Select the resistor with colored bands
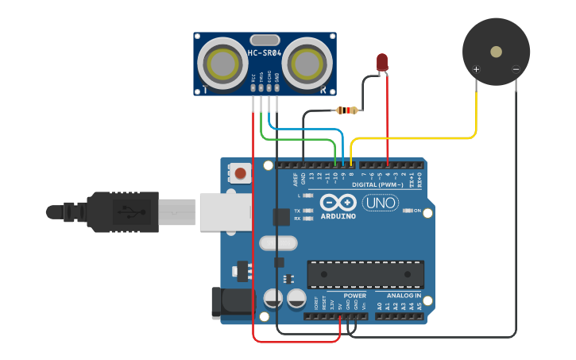point(348,110)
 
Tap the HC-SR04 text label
point(264,53)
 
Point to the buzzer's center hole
point(496,52)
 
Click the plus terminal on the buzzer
point(477,69)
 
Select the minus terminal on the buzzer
point(516,69)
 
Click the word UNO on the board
point(380,203)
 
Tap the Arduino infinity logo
point(338,203)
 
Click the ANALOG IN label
point(404,296)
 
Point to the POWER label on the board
point(355,296)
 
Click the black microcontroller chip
point(365,274)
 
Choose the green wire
point(302,139)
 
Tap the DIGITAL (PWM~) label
point(387,184)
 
